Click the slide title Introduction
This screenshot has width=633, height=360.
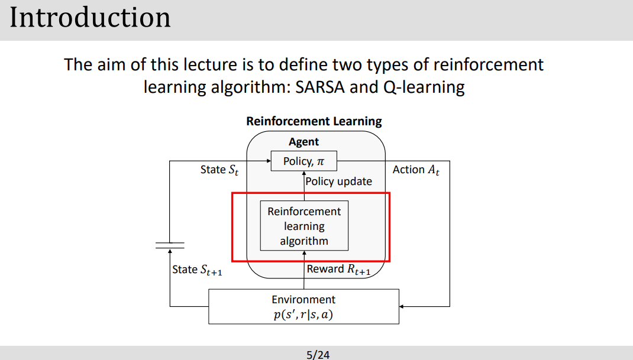[90, 18]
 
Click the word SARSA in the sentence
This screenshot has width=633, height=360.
[319, 87]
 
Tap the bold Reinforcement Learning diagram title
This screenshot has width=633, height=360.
[314, 121]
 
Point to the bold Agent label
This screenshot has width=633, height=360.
[303, 142]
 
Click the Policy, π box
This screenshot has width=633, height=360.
[303, 161]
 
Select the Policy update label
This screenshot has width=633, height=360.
[339, 181]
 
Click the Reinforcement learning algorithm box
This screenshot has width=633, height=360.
[304, 226]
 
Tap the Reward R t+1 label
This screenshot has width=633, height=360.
[339, 270]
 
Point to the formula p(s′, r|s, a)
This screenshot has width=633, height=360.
[303, 314]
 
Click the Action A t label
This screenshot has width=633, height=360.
[416, 170]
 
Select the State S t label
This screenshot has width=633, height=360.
[219, 170]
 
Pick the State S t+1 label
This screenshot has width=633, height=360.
[197, 270]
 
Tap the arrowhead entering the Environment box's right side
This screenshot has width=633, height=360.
[402, 306]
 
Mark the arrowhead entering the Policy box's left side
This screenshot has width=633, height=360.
[268, 161]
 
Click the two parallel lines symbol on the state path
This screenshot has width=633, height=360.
[170, 245]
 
